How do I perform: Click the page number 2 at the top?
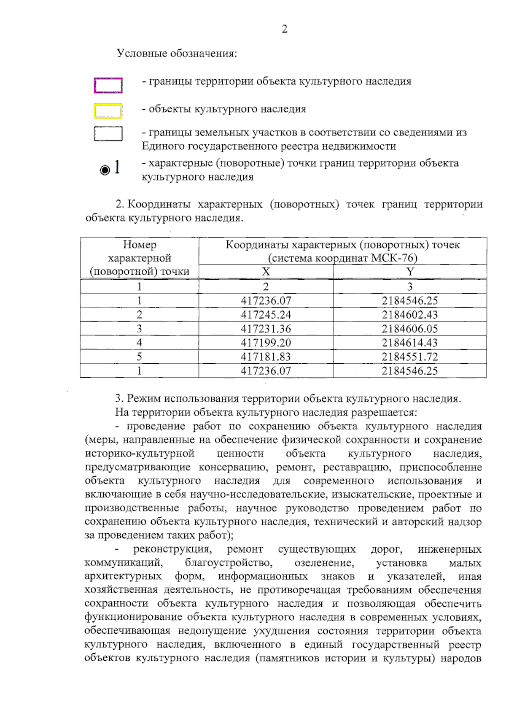(x=284, y=29)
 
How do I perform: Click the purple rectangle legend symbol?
(x=108, y=85)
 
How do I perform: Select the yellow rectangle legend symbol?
(x=108, y=111)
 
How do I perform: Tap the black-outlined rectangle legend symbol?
(x=108, y=134)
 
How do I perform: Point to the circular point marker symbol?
(x=104, y=170)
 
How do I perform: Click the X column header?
(x=266, y=272)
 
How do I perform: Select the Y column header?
(x=410, y=272)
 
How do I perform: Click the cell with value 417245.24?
(x=266, y=315)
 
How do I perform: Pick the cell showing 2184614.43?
(x=410, y=343)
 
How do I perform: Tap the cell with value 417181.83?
(x=266, y=357)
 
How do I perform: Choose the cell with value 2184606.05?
(x=410, y=329)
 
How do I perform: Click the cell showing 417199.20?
(x=266, y=343)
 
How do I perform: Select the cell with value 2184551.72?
(x=410, y=357)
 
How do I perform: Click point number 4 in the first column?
(x=139, y=343)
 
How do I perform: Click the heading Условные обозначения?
(x=177, y=54)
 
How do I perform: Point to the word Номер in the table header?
(x=140, y=245)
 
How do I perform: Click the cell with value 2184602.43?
(x=410, y=315)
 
